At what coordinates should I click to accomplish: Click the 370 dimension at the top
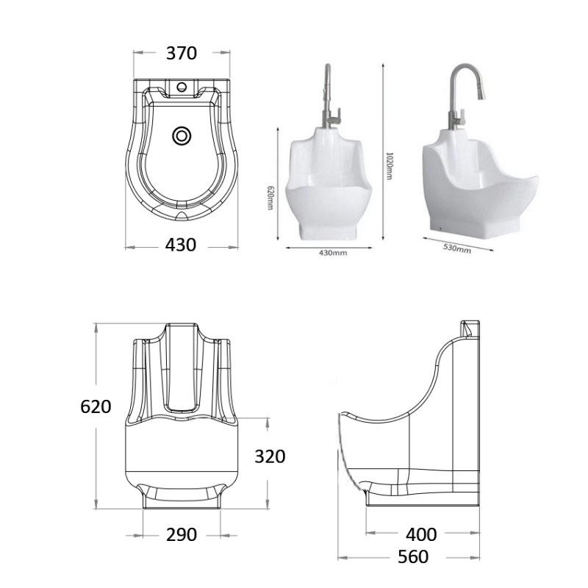[181, 53]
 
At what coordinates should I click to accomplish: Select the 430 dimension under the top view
[181, 245]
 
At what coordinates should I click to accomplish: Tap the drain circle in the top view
[181, 136]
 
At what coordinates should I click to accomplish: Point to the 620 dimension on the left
[96, 406]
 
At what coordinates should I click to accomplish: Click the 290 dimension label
[181, 534]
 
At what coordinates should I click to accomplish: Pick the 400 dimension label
[421, 534]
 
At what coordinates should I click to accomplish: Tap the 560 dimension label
[412, 557]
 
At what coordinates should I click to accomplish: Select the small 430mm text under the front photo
[333, 253]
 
